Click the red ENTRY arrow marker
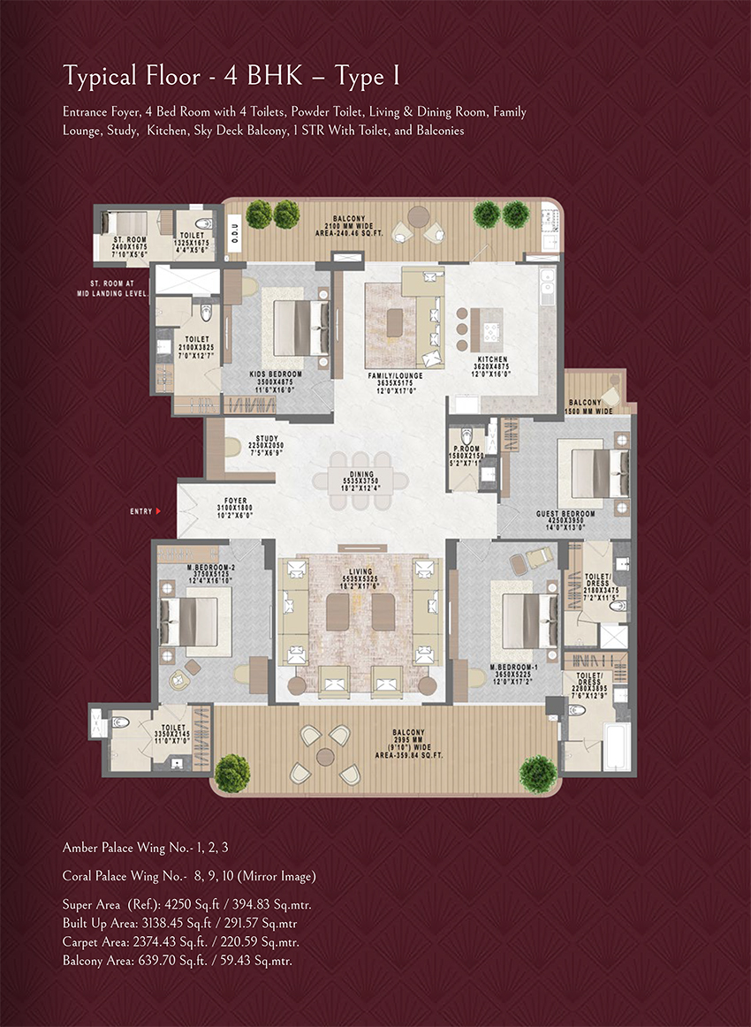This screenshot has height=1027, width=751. [x=157, y=510]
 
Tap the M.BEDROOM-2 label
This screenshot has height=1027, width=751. [x=210, y=567]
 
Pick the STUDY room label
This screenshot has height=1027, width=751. [x=267, y=438]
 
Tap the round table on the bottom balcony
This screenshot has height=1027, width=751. [x=324, y=755]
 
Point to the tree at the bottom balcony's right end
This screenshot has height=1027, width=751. [x=538, y=774]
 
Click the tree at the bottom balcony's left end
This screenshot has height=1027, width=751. [x=232, y=772]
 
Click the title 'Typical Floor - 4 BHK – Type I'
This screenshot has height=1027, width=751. [x=231, y=77]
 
